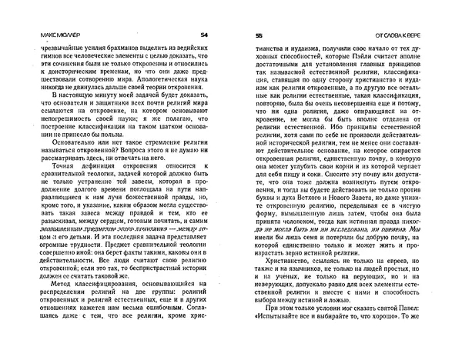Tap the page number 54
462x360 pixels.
pos(203,35)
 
